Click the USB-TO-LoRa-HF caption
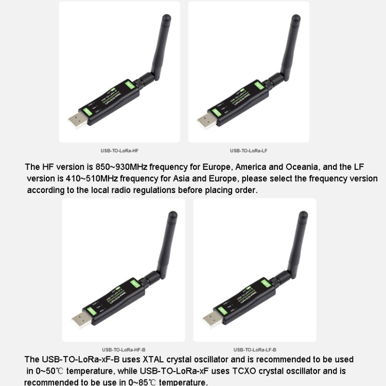point(119,151)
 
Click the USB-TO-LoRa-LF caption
point(249,151)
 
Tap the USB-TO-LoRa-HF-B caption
point(123,349)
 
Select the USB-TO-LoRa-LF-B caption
point(255,349)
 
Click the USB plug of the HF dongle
point(77,120)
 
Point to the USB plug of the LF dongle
point(206,121)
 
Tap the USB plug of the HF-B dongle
point(81,320)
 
